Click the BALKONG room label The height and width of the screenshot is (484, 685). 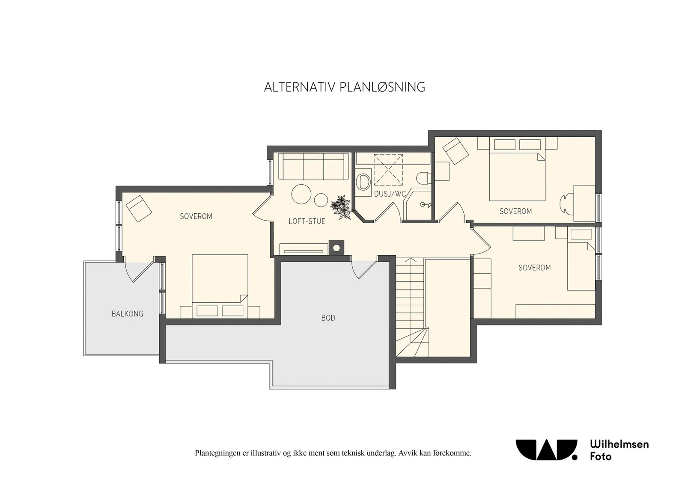coord(127,313)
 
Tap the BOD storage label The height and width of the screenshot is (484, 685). coord(328,318)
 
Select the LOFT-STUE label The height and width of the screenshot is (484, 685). coord(307,221)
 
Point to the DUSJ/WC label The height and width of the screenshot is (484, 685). coord(390,194)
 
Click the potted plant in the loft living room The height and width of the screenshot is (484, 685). coord(341,207)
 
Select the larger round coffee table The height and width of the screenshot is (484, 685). coord(301,194)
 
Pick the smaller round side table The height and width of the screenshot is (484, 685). coord(321,200)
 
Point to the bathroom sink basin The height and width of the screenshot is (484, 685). coord(363,181)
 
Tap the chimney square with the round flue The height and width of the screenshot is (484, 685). coord(337,248)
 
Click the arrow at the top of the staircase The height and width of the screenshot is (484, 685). coord(413,260)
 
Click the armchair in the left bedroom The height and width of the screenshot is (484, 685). coord(139,209)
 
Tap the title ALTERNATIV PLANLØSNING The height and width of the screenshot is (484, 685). coord(345,87)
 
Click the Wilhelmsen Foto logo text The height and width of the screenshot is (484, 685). coord(619,450)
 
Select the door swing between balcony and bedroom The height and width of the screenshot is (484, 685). coord(139,272)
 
